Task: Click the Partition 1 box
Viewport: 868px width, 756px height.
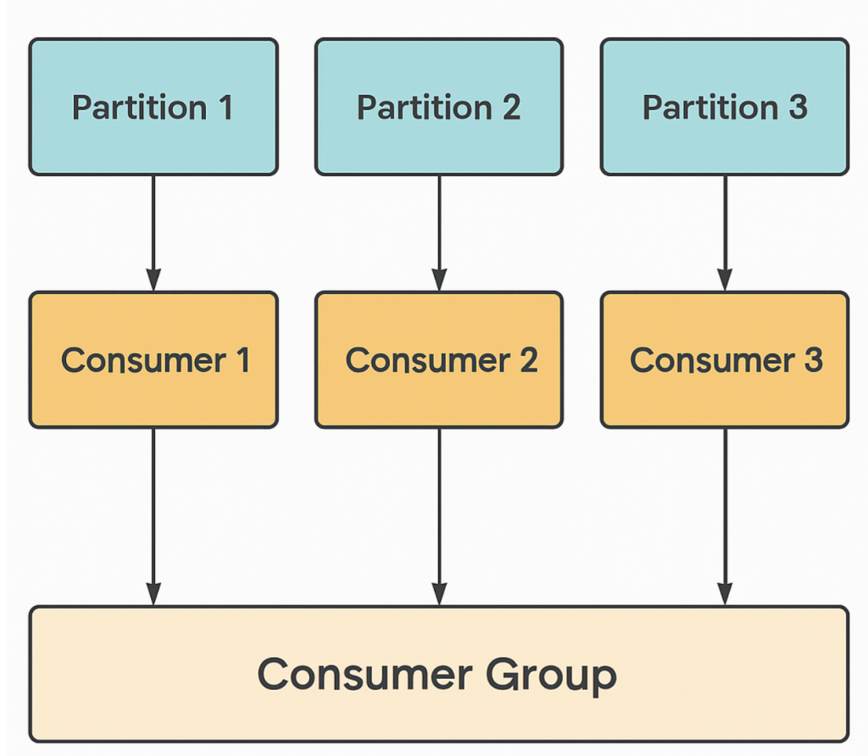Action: (153, 107)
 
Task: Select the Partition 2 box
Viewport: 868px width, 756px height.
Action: (439, 107)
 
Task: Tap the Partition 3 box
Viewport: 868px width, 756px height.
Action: (725, 107)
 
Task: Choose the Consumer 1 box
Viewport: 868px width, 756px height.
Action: (153, 359)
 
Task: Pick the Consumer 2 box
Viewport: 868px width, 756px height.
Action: (439, 359)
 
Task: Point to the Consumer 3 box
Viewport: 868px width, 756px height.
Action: (725, 359)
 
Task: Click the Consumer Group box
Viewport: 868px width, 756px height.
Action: (439, 674)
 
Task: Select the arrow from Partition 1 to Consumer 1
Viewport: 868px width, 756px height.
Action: (153, 234)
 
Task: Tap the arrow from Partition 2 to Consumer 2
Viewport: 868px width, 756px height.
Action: (439, 234)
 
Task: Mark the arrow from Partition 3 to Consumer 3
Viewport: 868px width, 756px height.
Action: (725, 234)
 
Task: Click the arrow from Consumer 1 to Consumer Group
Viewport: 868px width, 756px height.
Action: (153, 517)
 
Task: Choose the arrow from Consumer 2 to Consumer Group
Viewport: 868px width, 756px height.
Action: (439, 517)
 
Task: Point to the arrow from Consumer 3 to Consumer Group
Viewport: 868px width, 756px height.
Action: (725, 517)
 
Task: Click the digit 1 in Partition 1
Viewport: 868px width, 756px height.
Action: (225, 107)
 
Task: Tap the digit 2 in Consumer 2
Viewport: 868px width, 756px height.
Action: (529, 359)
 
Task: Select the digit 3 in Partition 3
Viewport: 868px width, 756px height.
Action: (798, 107)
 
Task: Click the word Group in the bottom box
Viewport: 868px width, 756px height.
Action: (551, 676)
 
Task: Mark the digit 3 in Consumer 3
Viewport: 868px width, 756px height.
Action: (813, 359)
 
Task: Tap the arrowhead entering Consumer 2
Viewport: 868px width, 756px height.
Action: (439, 280)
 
